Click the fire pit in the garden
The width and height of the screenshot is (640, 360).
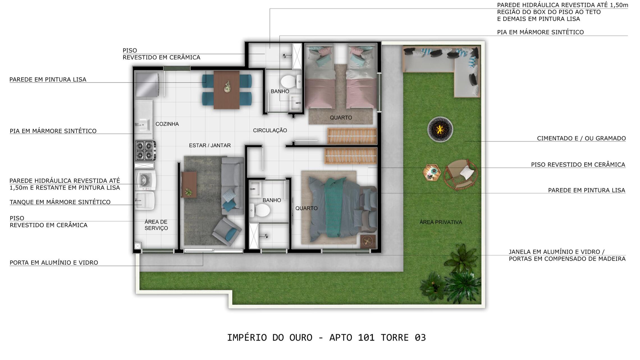click(x=440, y=129)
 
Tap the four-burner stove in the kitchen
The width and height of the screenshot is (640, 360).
click(x=146, y=151)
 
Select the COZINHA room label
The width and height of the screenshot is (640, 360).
click(x=167, y=124)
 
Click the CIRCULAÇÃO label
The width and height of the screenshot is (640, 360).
click(x=270, y=130)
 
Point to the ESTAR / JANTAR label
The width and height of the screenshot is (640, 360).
click(x=210, y=145)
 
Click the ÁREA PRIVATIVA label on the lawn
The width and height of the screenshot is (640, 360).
click(x=441, y=222)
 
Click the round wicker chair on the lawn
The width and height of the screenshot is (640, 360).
click(x=461, y=174)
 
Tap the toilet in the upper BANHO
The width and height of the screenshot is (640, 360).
click(x=291, y=81)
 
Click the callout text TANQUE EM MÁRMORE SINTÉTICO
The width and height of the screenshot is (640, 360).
click(x=60, y=202)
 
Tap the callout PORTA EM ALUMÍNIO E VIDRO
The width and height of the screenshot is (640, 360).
click(x=54, y=263)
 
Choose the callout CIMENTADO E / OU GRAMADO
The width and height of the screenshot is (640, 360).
click(x=581, y=138)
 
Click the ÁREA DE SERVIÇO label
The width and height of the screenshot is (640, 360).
click(x=156, y=225)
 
